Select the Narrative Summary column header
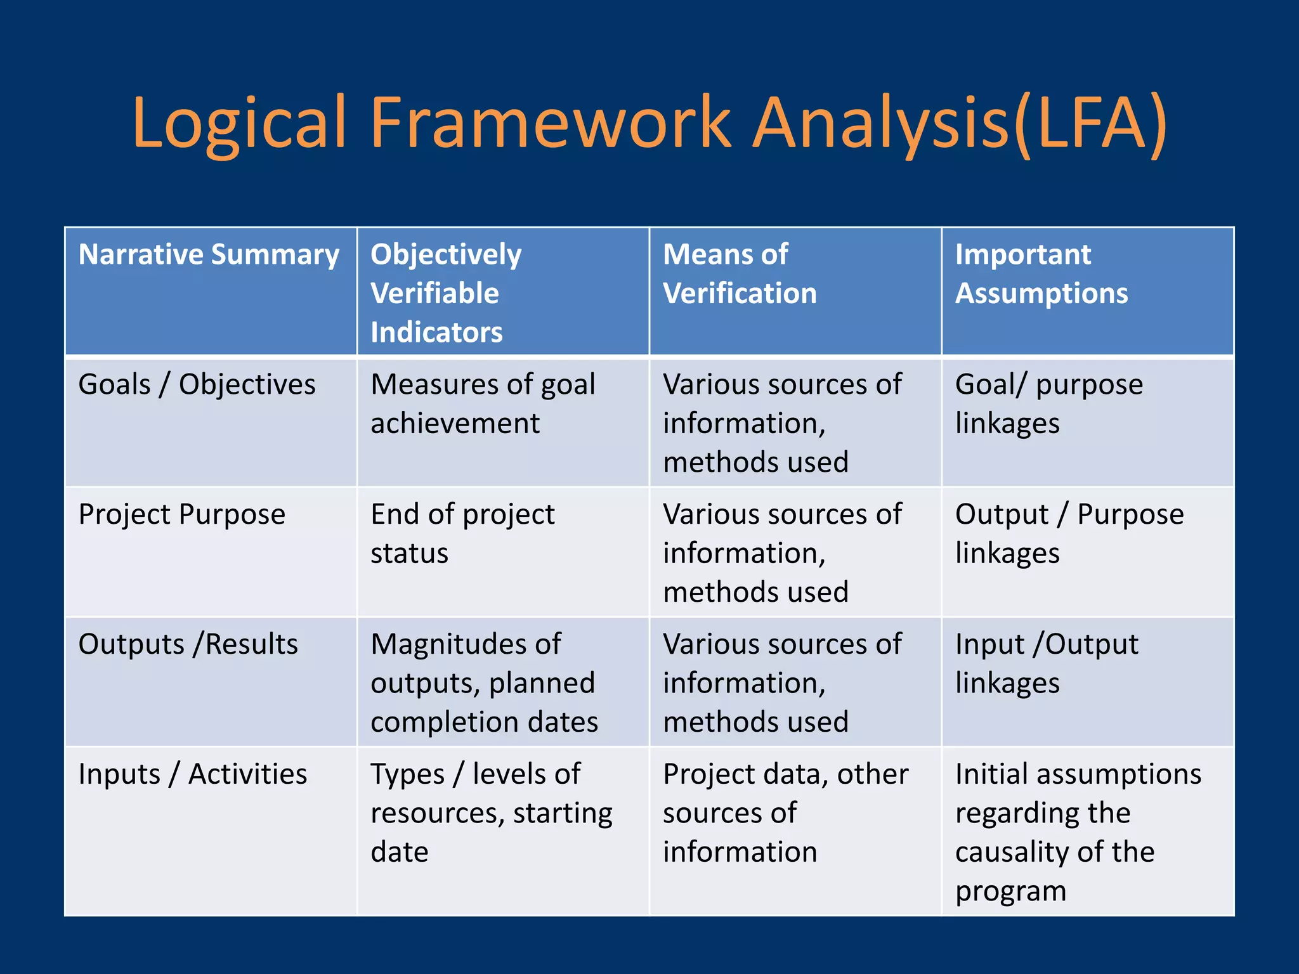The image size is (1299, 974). pyautogui.click(x=209, y=255)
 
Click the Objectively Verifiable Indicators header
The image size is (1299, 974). pyautogui.click(x=446, y=292)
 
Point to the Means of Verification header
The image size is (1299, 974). pyautogui.click(x=740, y=274)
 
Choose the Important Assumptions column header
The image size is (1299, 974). pyautogui.click(x=1041, y=274)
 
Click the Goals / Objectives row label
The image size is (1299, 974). pyautogui.click(x=197, y=385)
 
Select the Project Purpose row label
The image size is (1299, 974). pyautogui.click(x=181, y=514)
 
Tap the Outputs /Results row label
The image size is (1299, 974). pyautogui.click(x=188, y=644)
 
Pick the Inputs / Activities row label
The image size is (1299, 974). pyautogui.click(x=192, y=774)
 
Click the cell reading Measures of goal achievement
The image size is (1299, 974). pyautogui.click(x=483, y=404)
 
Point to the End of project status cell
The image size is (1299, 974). pyautogui.click(x=462, y=533)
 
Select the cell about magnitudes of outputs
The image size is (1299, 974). pyautogui.click(x=484, y=682)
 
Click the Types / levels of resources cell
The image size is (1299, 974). pyautogui.click(x=491, y=812)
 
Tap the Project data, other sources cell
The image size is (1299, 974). pyautogui.click(x=785, y=812)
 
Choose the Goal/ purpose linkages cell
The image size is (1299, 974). pyautogui.click(x=1048, y=404)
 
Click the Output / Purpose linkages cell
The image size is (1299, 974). pyautogui.click(x=1069, y=533)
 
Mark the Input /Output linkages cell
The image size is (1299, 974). pyautogui.click(x=1047, y=663)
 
